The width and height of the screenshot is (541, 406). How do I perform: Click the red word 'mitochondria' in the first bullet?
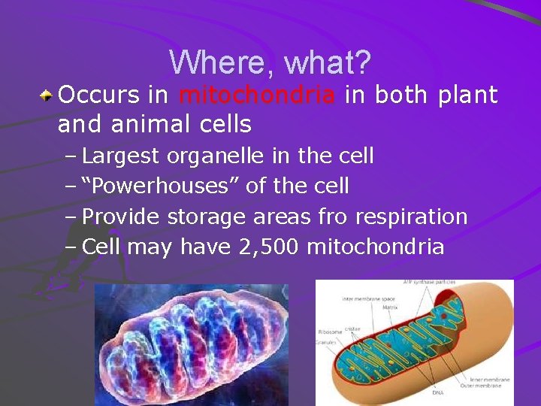258,95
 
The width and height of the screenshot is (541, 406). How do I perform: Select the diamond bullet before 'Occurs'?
47,95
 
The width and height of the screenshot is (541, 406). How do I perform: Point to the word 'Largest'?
121,156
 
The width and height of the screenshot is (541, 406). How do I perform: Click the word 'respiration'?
411,217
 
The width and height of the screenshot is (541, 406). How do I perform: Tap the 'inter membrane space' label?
368,298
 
